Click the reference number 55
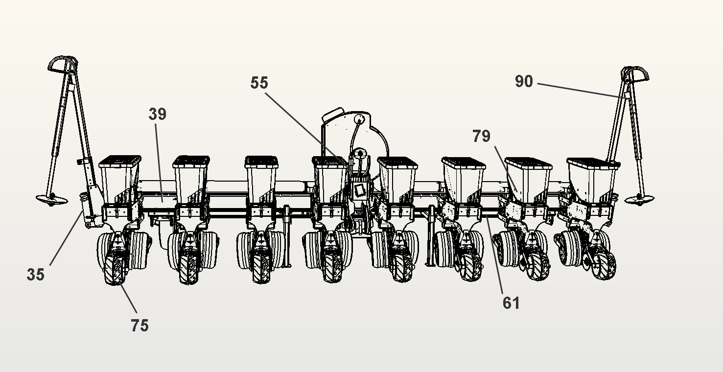[x=259, y=83]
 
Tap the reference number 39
[x=158, y=114]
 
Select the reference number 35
[x=35, y=275]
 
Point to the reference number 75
[x=140, y=325]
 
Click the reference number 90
[x=524, y=81]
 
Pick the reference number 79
[x=481, y=136]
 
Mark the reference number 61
[x=511, y=303]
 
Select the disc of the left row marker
[x=51, y=199]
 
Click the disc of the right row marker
[x=639, y=199]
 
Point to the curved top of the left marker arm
[x=63, y=64]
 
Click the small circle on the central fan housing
[x=360, y=118]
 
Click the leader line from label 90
[x=583, y=91]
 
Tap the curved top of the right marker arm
[x=635, y=74]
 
